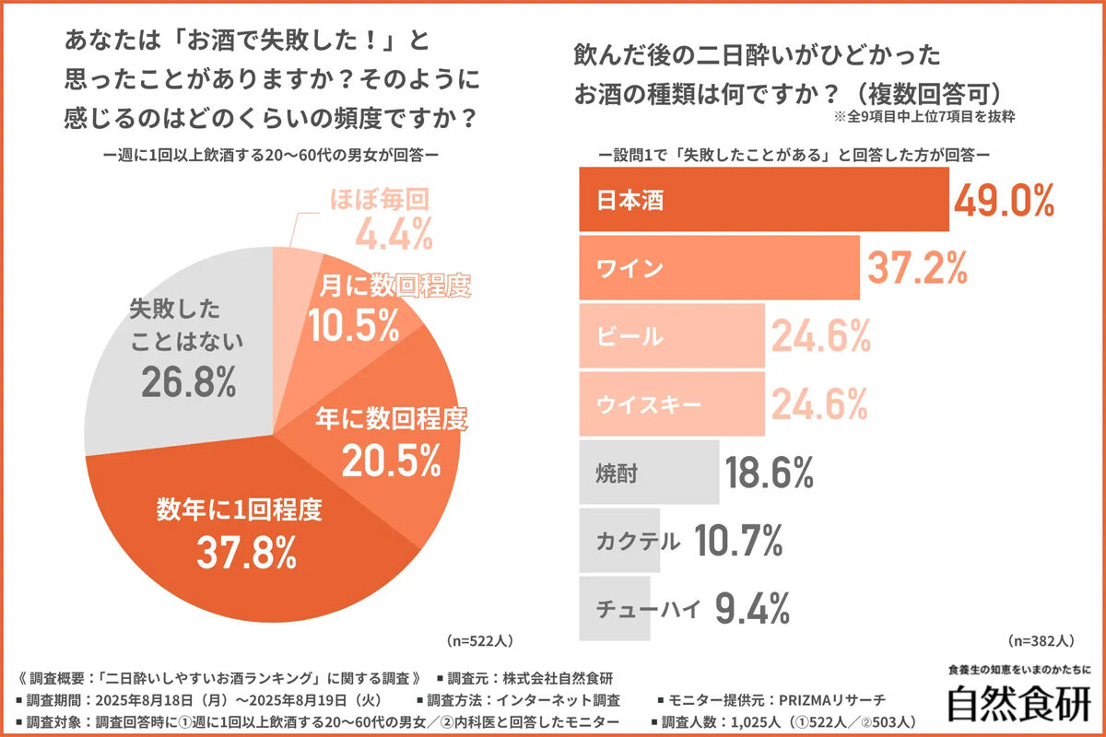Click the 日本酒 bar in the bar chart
click(763, 200)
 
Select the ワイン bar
click(719, 267)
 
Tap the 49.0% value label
click(1004, 199)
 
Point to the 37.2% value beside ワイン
click(917, 267)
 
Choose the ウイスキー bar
click(671, 404)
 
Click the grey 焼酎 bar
click(649, 474)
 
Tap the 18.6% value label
click(770, 474)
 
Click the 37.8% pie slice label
click(246, 550)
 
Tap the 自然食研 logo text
click(1018, 703)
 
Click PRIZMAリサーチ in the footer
click(834, 700)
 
